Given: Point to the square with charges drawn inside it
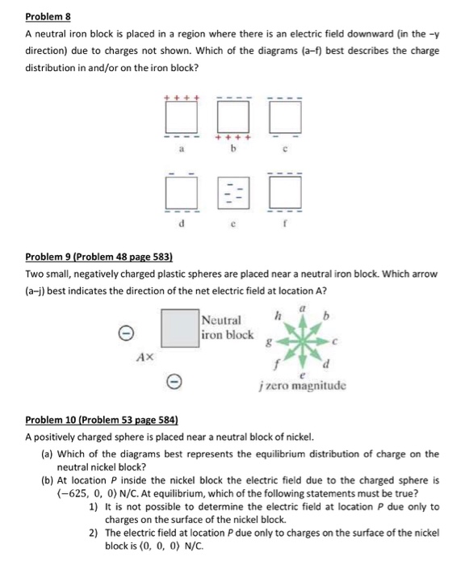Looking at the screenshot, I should tap(232, 192).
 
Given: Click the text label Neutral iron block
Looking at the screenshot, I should tap(229, 327).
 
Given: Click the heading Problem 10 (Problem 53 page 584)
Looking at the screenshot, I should tap(102, 421).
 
